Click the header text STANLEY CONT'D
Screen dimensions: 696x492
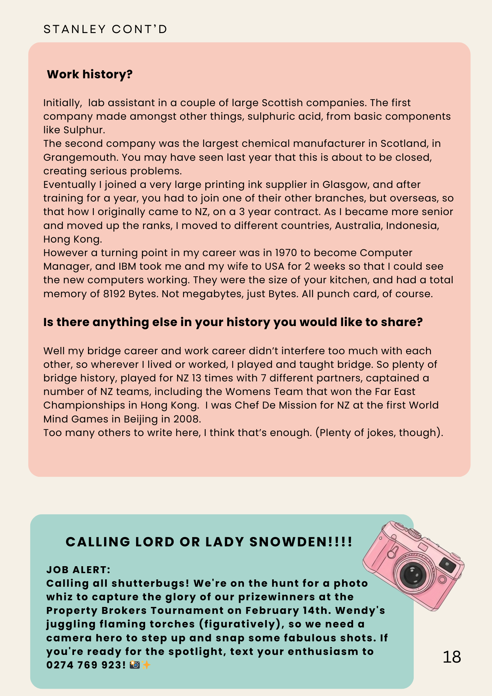click(x=105, y=29)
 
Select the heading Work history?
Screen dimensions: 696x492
click(x=90, y=74)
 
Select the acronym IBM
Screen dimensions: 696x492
click(x=127, y=267)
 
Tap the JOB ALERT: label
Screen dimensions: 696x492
click(x=78, y=570)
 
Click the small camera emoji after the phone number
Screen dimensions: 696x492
click(x=135, y=665)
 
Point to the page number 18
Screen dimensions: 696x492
click(x=452, y=657)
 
